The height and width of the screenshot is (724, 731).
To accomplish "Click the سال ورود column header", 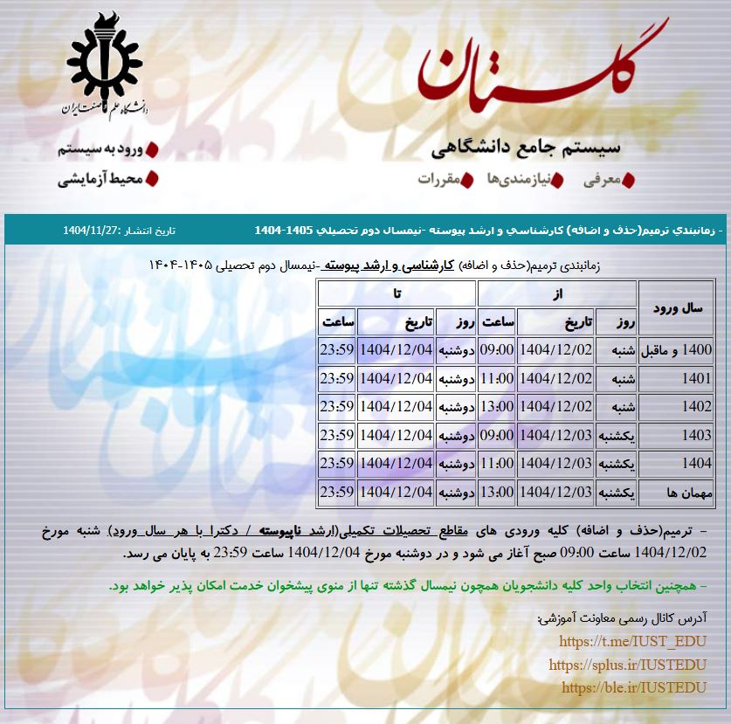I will pos(677,308).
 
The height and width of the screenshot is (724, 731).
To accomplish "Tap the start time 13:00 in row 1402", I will pos(496,407).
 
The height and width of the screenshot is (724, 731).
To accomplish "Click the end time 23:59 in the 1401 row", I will pos(336,379).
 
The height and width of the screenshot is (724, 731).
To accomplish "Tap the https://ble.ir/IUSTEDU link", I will pos(634,687).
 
